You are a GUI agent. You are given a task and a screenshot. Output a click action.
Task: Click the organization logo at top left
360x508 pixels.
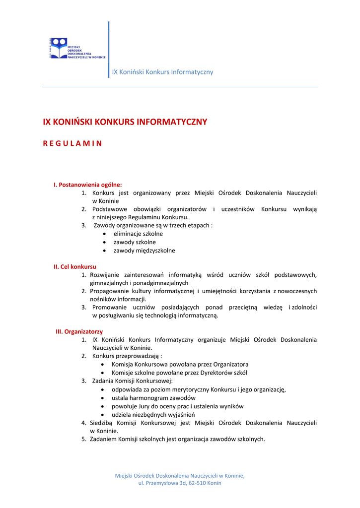[x=76, y=49]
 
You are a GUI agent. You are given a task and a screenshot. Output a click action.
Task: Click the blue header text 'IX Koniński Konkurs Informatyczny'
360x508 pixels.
[x=162, y=72]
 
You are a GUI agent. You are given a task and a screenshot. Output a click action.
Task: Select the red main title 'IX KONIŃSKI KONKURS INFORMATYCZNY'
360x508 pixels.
[x=125, y=122]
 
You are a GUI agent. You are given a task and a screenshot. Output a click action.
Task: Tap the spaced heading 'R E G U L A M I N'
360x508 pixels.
[x=72, y=144]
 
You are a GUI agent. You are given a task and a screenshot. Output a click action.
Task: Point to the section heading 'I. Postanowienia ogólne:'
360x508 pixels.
[x=88, y=185]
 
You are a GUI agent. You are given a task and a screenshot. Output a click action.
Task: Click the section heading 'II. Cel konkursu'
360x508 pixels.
[x=75, y=266]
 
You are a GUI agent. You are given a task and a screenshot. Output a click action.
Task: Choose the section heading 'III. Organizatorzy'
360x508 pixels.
[x=79, y=331]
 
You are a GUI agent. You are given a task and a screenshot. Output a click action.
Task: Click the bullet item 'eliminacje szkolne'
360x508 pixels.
[x=138, y=234]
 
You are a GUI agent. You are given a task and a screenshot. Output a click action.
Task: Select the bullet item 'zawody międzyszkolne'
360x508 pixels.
[x=144, y=251]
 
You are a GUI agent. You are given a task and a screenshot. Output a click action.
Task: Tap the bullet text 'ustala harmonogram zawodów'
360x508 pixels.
[x=153, y=398]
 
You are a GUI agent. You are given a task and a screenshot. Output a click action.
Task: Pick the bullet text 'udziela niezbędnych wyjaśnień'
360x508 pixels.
[x=153, y=415]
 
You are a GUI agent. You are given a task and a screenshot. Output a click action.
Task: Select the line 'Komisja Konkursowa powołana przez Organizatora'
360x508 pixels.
[x=180, y=365]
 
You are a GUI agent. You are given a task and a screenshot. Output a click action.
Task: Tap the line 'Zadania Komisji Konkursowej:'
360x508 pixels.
[x=133, y=381]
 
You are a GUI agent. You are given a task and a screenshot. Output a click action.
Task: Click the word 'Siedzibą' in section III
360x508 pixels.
[x=101, y=423]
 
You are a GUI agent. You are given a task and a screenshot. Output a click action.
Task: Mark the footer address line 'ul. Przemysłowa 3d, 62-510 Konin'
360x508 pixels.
[x=180, y=483]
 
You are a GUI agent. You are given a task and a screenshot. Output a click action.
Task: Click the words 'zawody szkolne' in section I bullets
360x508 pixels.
[x=135, y=242]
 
